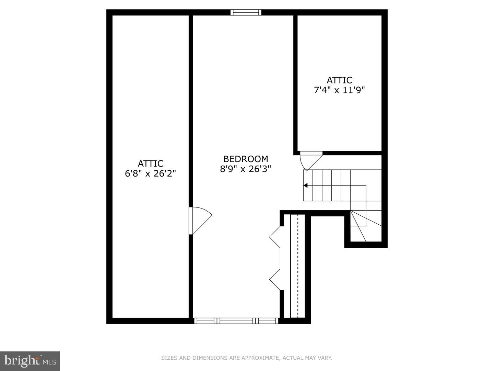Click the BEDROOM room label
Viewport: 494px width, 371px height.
tap(246, 159)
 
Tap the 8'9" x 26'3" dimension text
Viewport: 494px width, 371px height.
tap(245, 169)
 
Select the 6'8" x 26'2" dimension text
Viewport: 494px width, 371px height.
tap(150, 173)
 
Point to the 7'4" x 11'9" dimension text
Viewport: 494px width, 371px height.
tap(339, 90)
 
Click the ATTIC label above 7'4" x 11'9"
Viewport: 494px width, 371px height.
tap(339, 80)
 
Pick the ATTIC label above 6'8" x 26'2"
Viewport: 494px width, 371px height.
tap(151, 164)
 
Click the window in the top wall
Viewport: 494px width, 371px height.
tap(246, 12)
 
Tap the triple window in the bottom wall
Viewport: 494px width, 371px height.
tap(236, 321)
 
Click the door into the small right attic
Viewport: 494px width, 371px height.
tap(311, 160)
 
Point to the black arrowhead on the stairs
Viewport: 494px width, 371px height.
tap(305, 185)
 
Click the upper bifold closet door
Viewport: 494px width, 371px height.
tap(275, 237)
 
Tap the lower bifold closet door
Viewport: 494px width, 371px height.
tap(275, 280)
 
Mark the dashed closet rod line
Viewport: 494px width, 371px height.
tap(298, 266)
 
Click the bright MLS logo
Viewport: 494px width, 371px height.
tap(30, 361)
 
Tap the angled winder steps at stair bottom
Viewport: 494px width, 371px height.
tap(366, 226)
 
